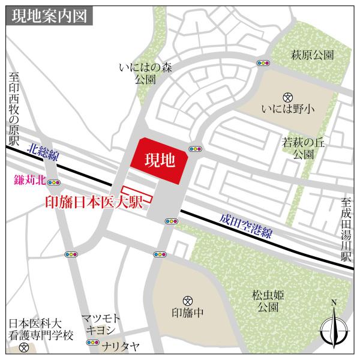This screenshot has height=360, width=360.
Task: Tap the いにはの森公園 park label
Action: (145, 73)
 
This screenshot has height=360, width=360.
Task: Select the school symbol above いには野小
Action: (287, 96)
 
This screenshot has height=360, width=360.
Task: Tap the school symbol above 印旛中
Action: (188, 299)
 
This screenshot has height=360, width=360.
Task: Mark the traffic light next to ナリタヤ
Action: (93, 343)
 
